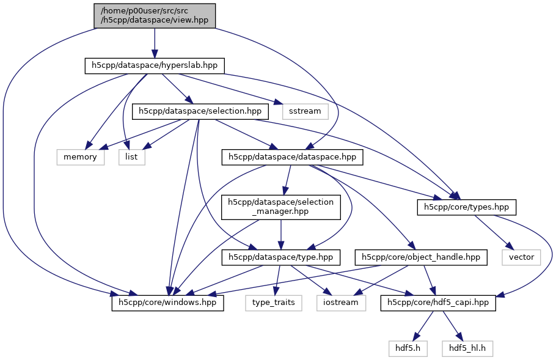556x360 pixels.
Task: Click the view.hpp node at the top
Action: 155,15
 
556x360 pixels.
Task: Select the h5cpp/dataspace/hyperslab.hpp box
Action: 155,65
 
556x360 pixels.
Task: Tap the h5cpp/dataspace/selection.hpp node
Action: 200,111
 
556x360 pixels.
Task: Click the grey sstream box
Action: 305,111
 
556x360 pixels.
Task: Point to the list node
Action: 132,157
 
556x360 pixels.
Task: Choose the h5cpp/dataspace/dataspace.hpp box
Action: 293,157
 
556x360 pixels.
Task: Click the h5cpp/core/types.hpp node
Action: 467,207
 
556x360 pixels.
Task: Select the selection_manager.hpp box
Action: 280,207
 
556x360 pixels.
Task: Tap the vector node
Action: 521,257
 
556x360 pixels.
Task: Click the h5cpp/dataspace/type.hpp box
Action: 280,257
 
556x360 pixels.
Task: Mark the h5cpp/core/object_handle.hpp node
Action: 421,257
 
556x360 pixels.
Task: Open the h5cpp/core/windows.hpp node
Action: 167,303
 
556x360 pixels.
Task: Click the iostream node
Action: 342,303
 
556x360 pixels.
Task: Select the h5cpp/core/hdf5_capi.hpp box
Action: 438,303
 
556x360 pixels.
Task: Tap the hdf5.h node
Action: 407,348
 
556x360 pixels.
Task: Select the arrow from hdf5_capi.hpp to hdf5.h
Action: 423,326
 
